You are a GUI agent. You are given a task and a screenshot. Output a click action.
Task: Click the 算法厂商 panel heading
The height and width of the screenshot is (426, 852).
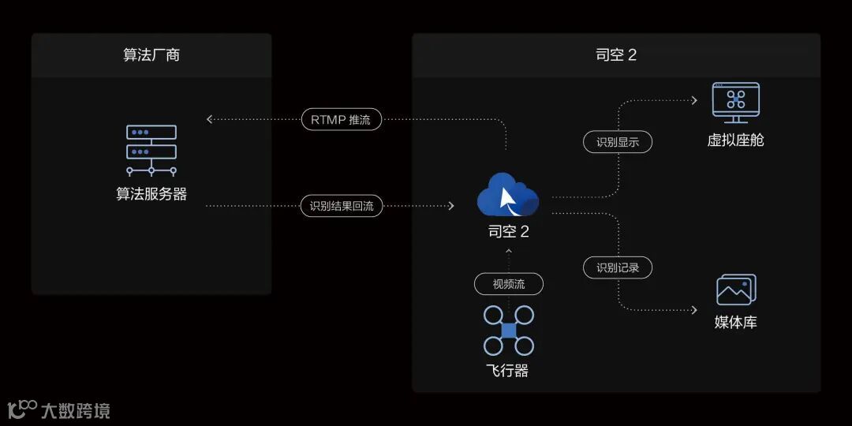coord(151,55)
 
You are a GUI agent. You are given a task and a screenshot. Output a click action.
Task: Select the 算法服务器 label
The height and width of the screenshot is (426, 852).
coord(151,194)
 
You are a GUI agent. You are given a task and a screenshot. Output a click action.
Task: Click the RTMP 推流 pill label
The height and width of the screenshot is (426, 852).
coord(341,120)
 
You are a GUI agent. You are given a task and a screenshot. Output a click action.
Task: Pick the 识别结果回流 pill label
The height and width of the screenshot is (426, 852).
coord(341,207)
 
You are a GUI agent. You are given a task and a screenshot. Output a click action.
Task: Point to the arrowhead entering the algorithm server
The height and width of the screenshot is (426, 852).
coord(210,120)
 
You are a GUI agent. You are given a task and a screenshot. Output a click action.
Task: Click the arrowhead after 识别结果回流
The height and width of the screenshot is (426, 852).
coord(451,207)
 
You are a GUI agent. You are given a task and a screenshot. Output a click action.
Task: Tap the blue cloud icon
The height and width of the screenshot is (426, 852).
coord(508,193)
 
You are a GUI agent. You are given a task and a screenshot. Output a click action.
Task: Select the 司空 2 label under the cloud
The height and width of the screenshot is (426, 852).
coord(509,232)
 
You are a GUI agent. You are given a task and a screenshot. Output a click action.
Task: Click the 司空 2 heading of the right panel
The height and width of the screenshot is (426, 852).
coord(616,55)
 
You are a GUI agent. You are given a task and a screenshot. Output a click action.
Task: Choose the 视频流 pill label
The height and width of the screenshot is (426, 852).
coord(509,284)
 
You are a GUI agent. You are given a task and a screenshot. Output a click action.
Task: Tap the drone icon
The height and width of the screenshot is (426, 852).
coord(509,331)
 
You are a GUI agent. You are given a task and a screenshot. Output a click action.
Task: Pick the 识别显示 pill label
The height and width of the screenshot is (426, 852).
coord(618,142)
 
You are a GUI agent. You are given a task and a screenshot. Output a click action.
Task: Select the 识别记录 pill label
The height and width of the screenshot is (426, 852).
coord(618,267)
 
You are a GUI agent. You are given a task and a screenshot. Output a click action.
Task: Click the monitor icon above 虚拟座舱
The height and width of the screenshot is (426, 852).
coord(735,102)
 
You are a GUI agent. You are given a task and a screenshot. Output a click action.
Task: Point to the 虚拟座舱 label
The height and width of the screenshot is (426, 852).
coord(735,140)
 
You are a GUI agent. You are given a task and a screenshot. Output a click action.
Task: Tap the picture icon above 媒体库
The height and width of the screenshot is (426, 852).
coord(736,290)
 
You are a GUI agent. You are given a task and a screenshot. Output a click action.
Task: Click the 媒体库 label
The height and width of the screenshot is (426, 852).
coord(736,323)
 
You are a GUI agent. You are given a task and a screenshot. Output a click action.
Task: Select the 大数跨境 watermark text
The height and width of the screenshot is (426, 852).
coord(75,410)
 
